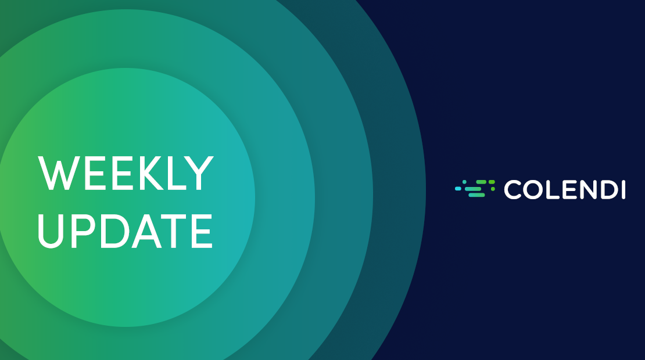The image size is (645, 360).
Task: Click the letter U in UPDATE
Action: (51, 231)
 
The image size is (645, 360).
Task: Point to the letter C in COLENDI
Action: (513, 190)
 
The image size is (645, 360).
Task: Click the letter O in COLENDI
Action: (532, 190)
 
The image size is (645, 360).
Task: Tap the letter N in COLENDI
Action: (587, 190)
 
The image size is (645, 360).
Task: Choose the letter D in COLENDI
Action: (609, 190)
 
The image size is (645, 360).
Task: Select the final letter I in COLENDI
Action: (623, 190)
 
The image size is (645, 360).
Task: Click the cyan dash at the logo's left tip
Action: (458, 189)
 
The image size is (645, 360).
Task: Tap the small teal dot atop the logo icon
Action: (464, 182)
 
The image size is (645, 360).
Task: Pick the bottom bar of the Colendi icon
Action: (476, 195)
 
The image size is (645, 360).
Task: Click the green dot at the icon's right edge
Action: (493, 189)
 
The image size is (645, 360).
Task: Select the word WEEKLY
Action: (126, 173)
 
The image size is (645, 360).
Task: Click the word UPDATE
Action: (125, 231)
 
